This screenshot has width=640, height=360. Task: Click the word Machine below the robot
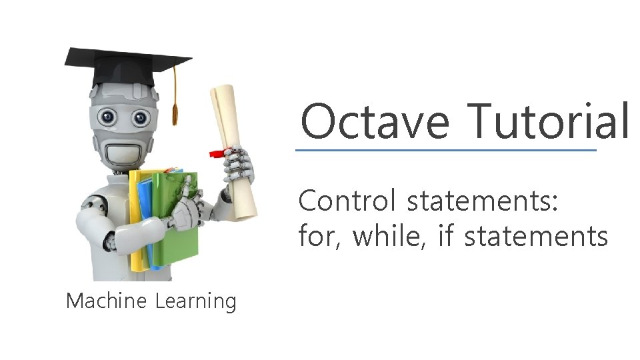tap(106, 301)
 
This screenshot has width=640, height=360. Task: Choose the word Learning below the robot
tap(196, 301)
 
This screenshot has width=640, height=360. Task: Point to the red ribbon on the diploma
tap(217, 153)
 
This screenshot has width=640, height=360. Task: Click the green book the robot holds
tap(177, 220)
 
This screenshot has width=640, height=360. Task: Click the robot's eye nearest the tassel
tap(141, 118)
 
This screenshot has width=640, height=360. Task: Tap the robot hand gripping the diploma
tap(238, 167)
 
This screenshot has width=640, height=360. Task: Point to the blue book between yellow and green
tap(146, 220)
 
